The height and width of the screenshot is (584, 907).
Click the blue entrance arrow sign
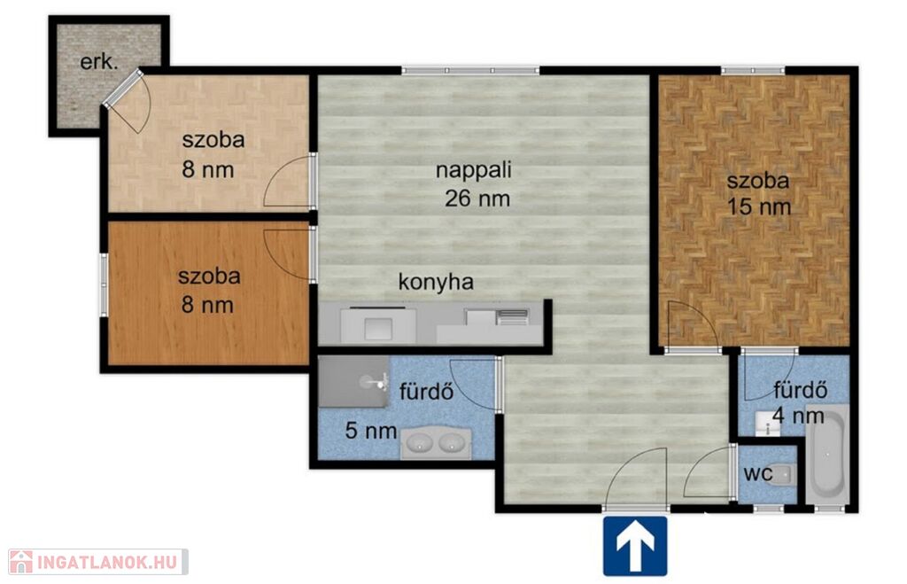click(x=635, y=546)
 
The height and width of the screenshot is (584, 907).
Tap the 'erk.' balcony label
click(x=99, y=61)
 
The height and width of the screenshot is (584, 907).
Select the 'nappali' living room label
click(x=474, y=170)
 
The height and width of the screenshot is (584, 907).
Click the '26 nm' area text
click(x=477, y=199)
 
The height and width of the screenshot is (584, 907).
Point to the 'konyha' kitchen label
click(x=436, y=282)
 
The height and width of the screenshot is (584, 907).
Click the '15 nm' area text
click(x=758, y=206)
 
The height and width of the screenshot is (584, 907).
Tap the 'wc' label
click(x=758, y=473)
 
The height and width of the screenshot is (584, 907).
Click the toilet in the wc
click(x=785, y=475)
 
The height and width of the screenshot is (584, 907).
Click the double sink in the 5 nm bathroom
click(x=436, y=443)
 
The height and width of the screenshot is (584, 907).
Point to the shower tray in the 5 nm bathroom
click(x=353, y=381)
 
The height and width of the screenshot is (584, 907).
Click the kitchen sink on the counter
click(x=378, y=328)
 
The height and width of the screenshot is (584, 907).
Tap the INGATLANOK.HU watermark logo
click(x=97, y=562)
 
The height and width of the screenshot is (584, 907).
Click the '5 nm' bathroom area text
click(x=371, y=431)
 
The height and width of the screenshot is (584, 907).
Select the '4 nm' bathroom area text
click(x=798, y=415)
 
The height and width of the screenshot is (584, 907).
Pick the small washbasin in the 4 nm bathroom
click(x=767, y=424)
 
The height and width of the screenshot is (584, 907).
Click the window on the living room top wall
click(x=470, y=71)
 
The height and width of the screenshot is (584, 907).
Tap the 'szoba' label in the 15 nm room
click(x=758, y=180)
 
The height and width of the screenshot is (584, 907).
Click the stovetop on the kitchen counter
click(x=513, y=316)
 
